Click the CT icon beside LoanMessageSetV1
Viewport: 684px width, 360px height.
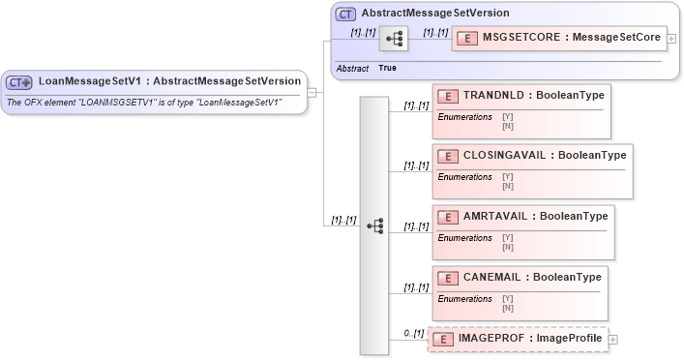coord(20,82)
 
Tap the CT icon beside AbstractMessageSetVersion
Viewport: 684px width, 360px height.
coord(345,15)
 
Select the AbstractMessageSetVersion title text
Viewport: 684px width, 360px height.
coord(435,14)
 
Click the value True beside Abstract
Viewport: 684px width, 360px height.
coord(387,68)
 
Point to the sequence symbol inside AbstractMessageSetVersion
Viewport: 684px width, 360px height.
coord(395,39)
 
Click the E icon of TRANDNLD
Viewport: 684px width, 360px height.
coord(448,97)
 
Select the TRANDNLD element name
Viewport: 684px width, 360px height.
coord(492,97)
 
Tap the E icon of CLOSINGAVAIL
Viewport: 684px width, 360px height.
coord(448,157)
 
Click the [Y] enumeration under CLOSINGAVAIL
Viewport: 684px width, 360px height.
coord(508,176)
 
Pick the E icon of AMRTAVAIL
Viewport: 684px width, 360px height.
coord(448,217)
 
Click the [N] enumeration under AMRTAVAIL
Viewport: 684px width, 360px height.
coord(508,246)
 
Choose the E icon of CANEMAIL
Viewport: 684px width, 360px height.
coord(448,278)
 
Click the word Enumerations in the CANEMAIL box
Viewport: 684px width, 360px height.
coord(465,299)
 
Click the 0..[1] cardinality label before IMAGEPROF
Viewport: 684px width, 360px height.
coord(414,333)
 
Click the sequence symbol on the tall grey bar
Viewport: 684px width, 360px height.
coord(374,225)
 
